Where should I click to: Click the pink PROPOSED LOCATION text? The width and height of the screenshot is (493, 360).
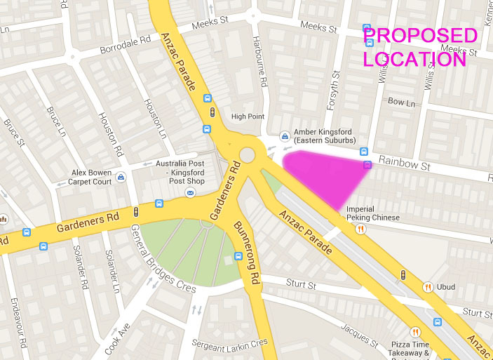(x=419, y=47)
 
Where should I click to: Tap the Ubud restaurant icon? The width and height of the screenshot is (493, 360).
(x=427, y=286)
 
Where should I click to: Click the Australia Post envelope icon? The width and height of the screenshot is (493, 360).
(x=189, y=192)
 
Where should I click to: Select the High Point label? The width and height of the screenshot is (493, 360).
(x=248, y=116)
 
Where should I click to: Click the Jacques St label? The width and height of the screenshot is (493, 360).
(x=359, y=335)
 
